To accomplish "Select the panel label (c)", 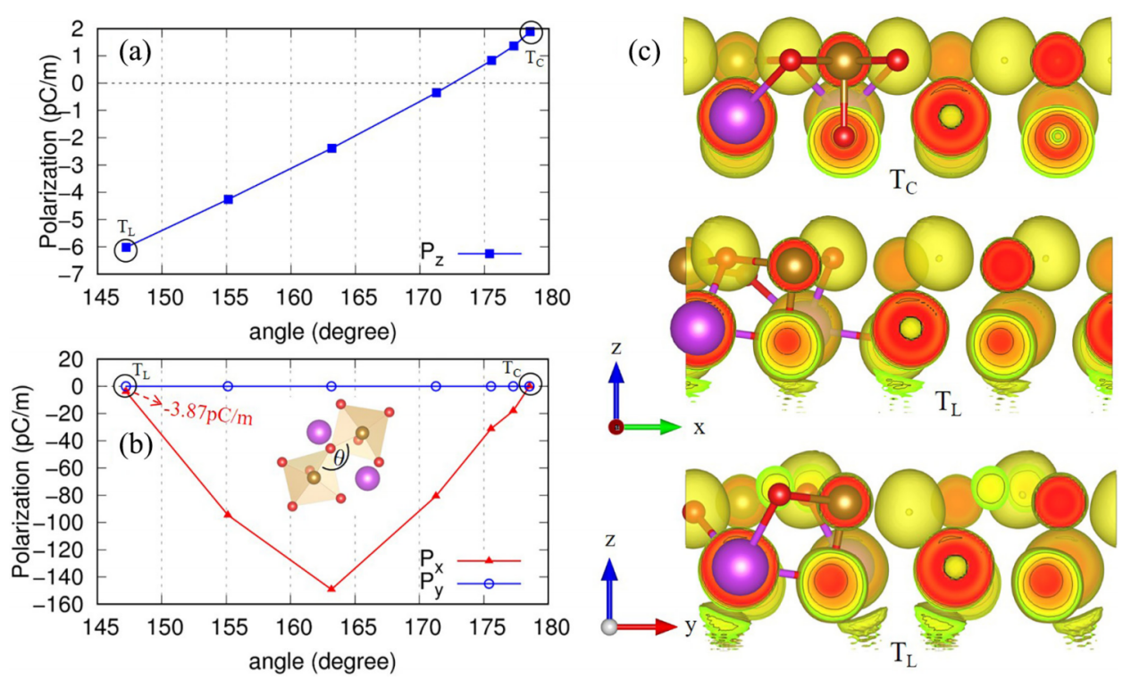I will [644, 51].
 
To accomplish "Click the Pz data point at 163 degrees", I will [331, 147].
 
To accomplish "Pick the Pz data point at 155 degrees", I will [228, 199].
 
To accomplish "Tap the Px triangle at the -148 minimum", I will [331, 588].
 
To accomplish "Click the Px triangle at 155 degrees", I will [228, 515].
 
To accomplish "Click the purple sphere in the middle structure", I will [696, 328].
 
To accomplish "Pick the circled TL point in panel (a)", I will [127, 248].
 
